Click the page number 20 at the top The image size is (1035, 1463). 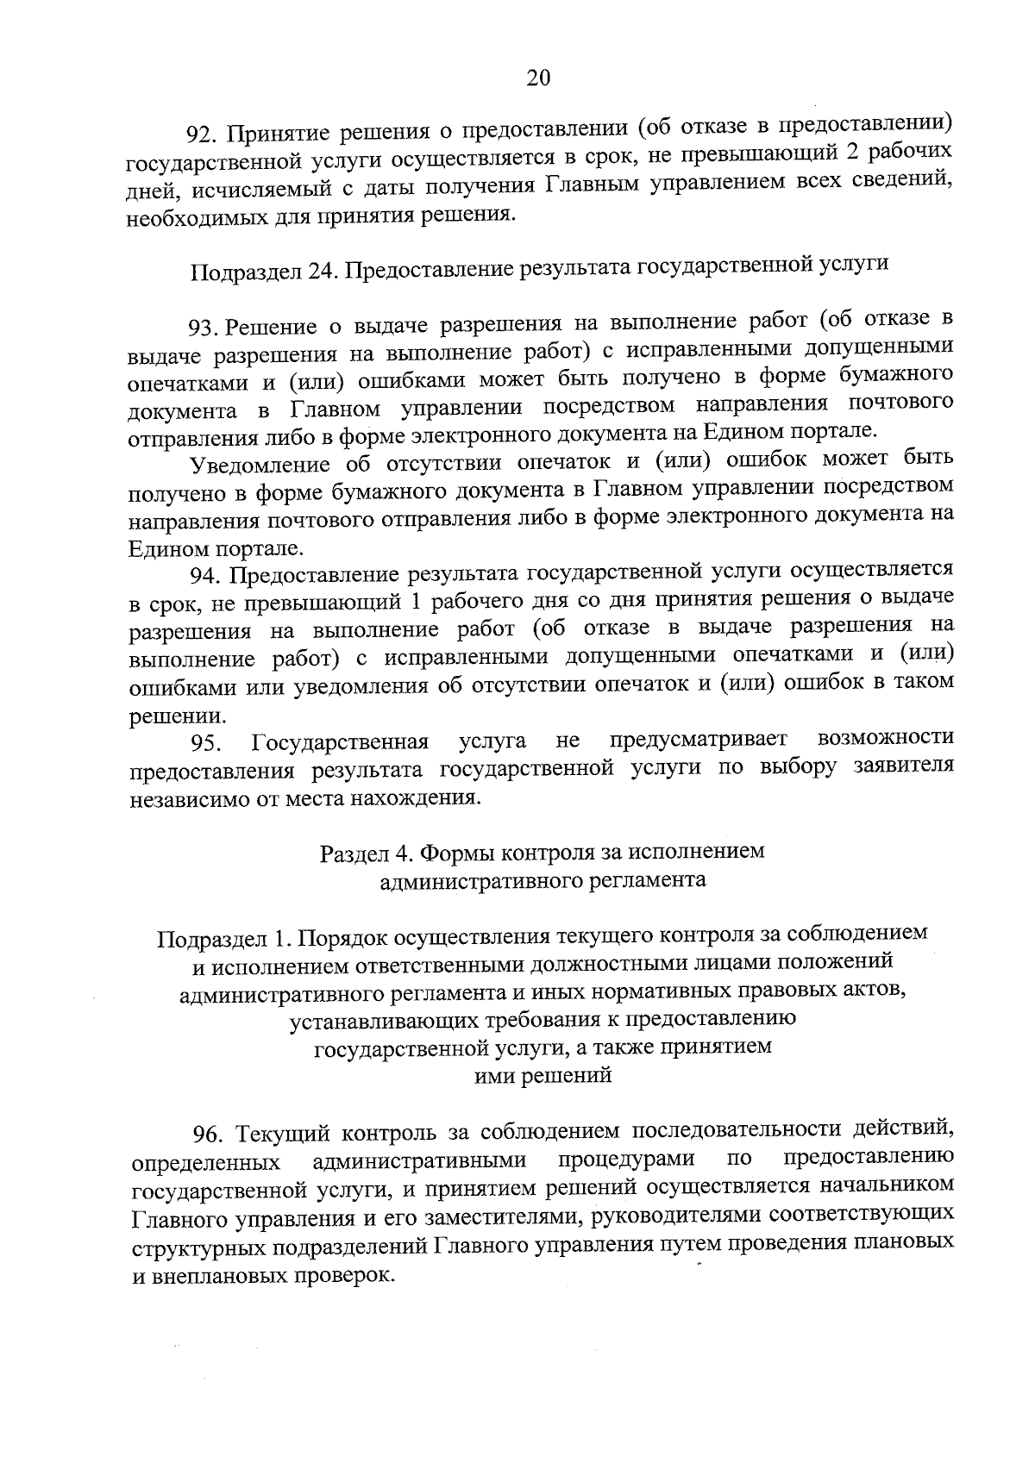pyautogui.click(x=537, y=78)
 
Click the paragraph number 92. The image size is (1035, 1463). pyautogui.click(x=204, y=134)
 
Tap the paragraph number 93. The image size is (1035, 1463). pyautogui.click(x=205, y=327)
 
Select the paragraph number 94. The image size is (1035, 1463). pyautogui.click(x=207, y=576)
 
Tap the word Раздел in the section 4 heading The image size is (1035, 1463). pyautogui.click(x=354, y=853)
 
